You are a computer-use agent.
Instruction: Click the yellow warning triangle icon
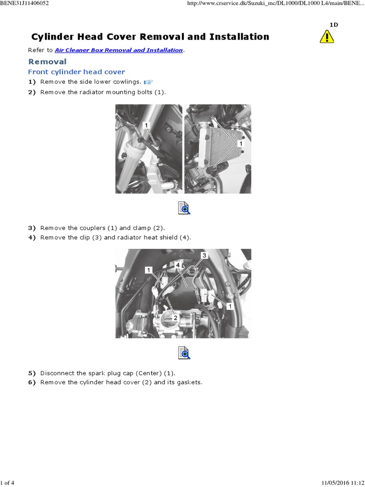(x=327, y=37)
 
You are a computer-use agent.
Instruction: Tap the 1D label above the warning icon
(x=334, y=25)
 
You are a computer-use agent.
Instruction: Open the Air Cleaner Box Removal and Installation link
(x=119, y=50)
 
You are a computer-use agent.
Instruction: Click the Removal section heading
(x=48, y=61)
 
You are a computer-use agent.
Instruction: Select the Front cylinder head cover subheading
(x=77, y=72)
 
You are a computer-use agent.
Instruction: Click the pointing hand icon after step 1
(x=148, y=82)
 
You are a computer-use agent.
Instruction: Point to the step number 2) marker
(x=32, y=92)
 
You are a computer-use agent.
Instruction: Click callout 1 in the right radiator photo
(x=240, y=143)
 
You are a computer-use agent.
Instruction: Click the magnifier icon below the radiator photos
(x=183, y=208)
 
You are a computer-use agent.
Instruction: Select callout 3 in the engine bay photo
(x=205, y=255)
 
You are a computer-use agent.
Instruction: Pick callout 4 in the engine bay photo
(x=177, y=264)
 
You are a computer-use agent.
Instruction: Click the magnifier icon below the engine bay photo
(x=183, y=352)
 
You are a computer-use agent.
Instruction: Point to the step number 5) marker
(x=32, y=373)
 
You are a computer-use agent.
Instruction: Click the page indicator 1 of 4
(x=7, y=483)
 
